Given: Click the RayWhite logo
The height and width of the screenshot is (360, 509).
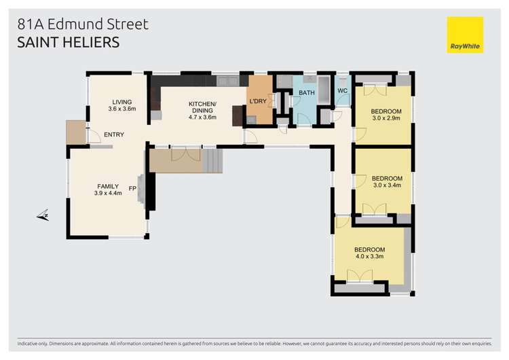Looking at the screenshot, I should [465, 35].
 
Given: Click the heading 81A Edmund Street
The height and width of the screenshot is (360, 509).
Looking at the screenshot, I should [82, 24].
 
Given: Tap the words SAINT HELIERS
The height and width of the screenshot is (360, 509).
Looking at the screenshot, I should [68, 42].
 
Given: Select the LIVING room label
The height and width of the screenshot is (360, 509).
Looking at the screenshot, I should [122, 102].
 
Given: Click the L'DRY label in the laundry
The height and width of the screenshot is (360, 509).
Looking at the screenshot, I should [258, 101].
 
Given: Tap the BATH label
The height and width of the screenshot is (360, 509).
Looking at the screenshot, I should [307, 92].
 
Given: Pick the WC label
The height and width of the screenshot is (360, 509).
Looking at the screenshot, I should [342, 91].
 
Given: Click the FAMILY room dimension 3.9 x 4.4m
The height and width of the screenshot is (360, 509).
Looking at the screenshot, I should [108, 193].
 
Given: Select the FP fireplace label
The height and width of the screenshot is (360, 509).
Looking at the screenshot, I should [133, 189].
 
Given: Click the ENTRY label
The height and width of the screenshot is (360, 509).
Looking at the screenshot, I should [114, 134].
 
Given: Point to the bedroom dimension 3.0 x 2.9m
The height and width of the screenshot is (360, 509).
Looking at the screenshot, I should [387, 118].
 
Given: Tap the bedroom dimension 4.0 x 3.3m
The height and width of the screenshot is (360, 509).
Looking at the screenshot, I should [370, 257].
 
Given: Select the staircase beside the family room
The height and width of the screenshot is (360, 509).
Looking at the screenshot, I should [212, 162].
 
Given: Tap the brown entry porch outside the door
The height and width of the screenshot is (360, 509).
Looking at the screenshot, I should [75, 132].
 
